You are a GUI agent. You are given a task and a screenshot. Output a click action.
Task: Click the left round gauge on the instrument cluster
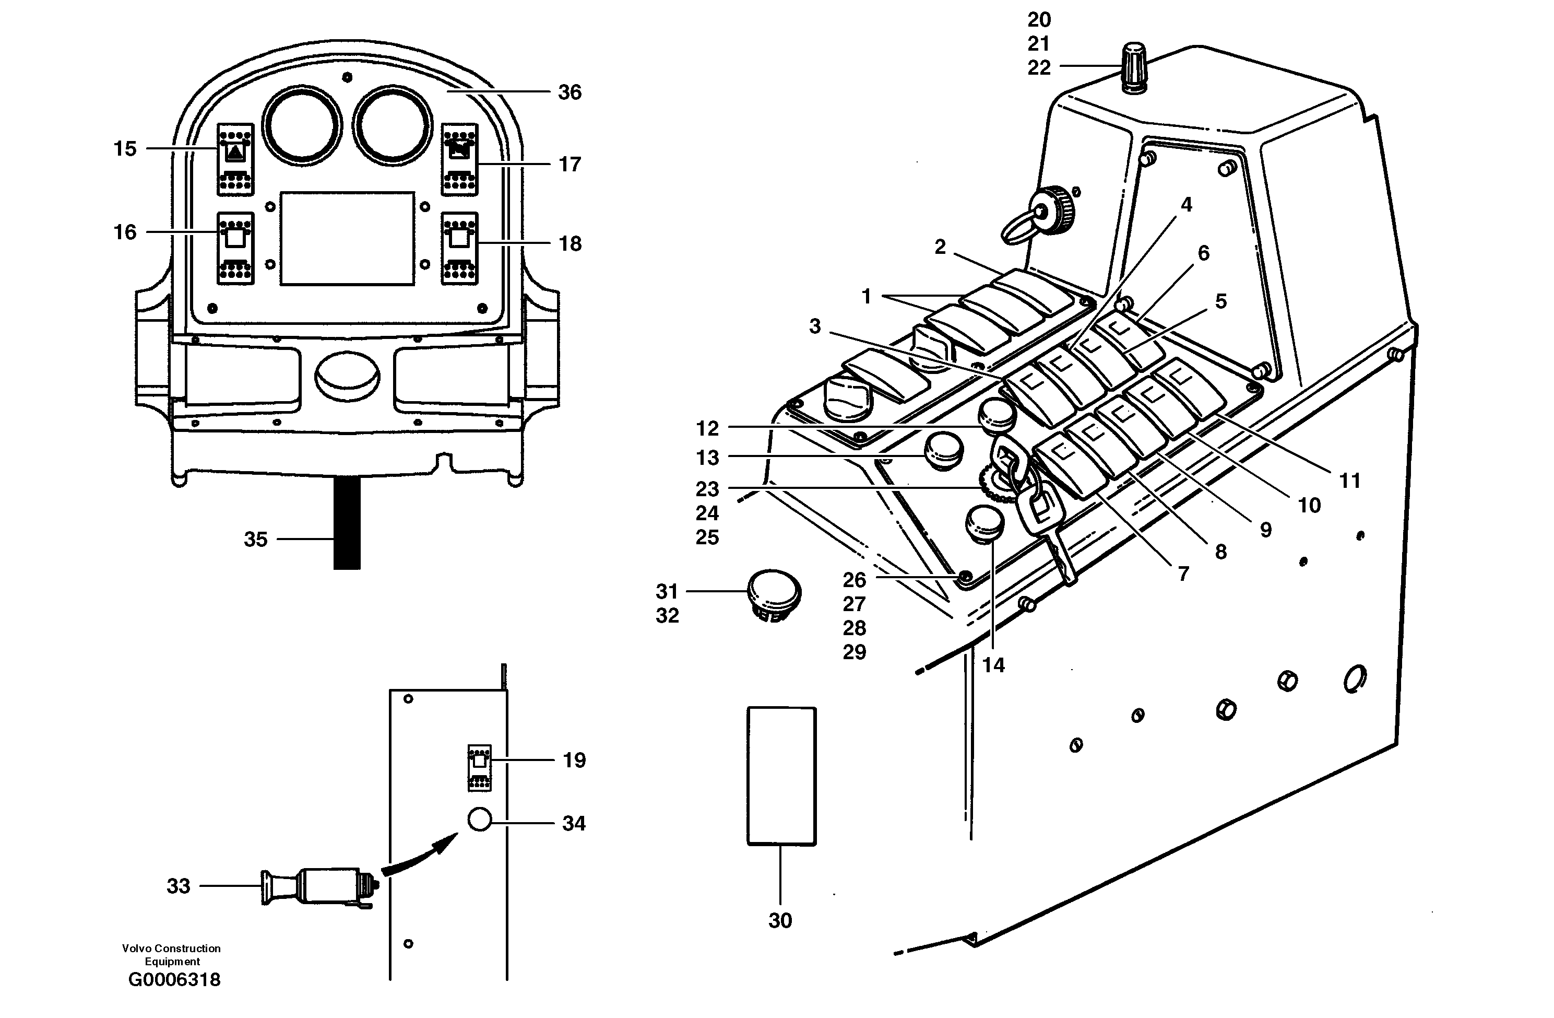pos(302,124)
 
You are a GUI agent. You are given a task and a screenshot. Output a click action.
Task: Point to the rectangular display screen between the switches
pos(347,239)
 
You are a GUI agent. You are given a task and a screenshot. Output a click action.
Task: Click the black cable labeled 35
pos(347,523)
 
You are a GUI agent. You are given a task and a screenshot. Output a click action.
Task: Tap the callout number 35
pos(255,540)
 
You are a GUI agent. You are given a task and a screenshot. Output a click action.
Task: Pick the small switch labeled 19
pos(479,767)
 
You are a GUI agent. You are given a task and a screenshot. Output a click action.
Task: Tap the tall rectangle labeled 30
pos(781,776)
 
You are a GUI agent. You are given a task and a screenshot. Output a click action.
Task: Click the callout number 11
pos(1349,481)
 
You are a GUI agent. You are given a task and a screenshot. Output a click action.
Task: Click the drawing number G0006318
pos(174,980)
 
